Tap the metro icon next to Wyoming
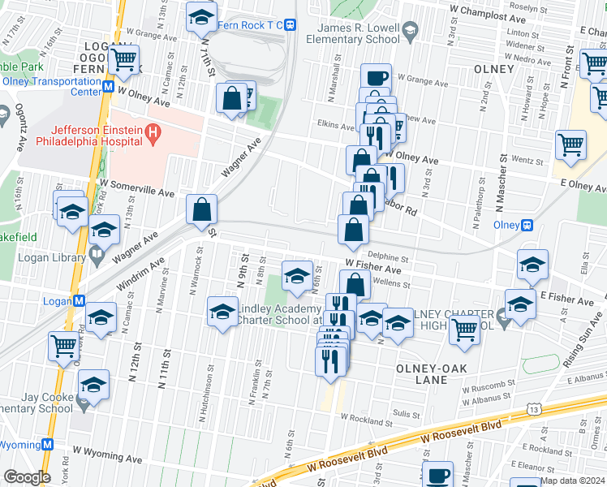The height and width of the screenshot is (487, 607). click(x=48, y=445)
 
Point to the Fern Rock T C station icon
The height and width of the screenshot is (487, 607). click(x=290, y=25)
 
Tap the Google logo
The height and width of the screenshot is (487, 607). click(x=27, y=477)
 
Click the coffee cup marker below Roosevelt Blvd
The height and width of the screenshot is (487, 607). click(x=438, y=475)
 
